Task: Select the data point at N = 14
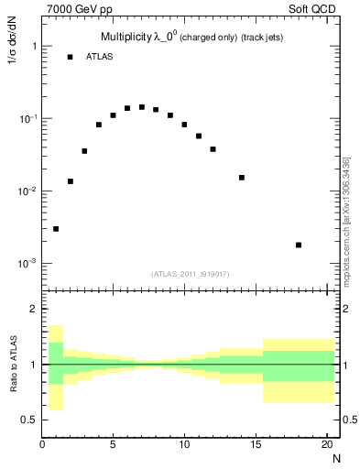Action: [x=242, y=178]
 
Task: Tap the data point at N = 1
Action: [x=56, y=229]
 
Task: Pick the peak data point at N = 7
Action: [x=142, y=107]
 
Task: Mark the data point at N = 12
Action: [x=213, y=149]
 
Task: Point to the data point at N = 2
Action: [x=71, y=181]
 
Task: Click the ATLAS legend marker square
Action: [x=71, y=57]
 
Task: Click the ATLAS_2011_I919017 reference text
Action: [x=191, y=274]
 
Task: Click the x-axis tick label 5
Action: [x=113, y=446]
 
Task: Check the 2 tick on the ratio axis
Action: [x=33, y=310]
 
